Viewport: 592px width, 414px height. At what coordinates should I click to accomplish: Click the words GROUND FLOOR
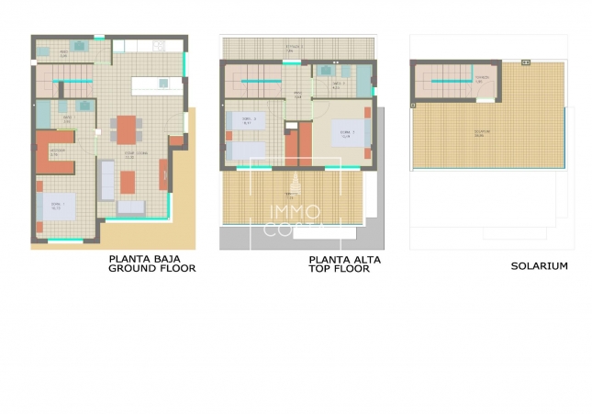(x=152, y=269)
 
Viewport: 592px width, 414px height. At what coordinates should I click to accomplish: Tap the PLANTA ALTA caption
(x=344, y=260)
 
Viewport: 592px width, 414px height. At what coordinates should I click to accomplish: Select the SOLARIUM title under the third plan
(x=539, y=266)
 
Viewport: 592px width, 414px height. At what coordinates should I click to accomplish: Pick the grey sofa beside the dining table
(x=106, y=178)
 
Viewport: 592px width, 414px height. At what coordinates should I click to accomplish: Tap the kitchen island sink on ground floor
(x=162, y=84)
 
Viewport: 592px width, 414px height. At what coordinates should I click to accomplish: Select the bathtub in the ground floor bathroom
(x=43, y=113)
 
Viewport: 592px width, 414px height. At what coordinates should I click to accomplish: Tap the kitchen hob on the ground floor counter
(x=157, y=44)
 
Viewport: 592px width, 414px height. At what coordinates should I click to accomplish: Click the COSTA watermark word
(x=293, y=230)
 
